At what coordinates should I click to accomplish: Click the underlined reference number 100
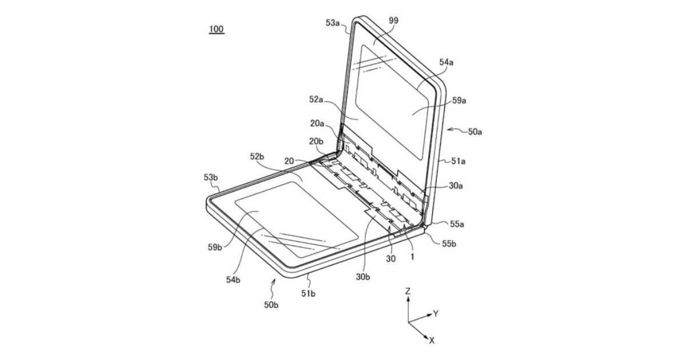pyautogui.click(x=217, y=29)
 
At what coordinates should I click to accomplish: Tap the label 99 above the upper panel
pyautogui.click(x=393, y=21)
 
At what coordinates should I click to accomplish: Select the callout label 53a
pyautogui.click(x=333, y=23)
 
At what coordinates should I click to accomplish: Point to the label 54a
pyautogui.click(x=446, y=62)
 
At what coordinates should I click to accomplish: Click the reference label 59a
pyautogui.click(x=459, y=101)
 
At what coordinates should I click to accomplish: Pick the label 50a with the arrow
pyautogui.click(x=475, y=131)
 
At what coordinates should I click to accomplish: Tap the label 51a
pyautogui.click(x=458, y=161)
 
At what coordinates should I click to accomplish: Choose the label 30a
pyautogui.click(x=456, y=186)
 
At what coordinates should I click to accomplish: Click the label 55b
pyautogui.click(x=449, y=243)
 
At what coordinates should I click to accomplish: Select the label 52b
pyautogui.click(x=257, y=157)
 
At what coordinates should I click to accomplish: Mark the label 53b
pyautogui.click(x=211, y=177)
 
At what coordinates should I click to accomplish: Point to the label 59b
pyautogui.click(x=215, y=247)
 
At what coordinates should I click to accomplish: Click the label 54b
pyautogui.click(x=233, y=280)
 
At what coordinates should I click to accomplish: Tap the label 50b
pyautogui.click(x=272, y=305)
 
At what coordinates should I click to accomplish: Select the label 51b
pyautogui.click(x=308, y=293)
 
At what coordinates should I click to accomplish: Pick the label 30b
pyautogui.click(x=363, y=277)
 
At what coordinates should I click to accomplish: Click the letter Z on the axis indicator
pyautogui.click(x=408, y=291)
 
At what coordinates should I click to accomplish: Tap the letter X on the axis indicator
pyautogui.click(x=432, y=341)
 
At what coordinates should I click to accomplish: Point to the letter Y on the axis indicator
pyautogui.click(x=436, y=314)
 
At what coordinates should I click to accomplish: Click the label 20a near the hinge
pyautogui.click(x=317, y=123)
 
